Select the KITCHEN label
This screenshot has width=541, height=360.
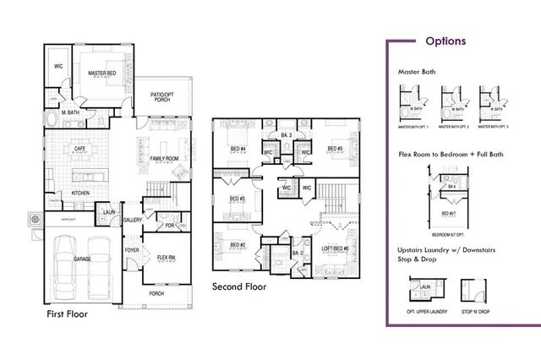click(x=80, y=194)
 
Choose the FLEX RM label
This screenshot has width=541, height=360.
click(x=166, y=258)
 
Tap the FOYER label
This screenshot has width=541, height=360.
click(x=132, y=250)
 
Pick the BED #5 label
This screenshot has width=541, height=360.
click(x=334, y=150)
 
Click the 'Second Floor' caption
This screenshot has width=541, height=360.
click(x=239, y=286)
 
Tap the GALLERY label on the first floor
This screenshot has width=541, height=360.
click(x=132, y=220)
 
